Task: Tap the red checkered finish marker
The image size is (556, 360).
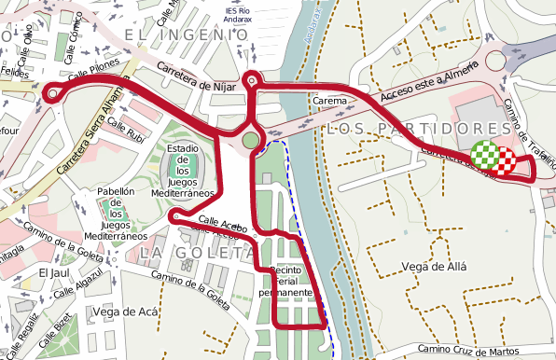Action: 504,161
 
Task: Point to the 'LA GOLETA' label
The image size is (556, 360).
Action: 197,252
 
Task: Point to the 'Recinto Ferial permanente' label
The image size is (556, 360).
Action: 290,282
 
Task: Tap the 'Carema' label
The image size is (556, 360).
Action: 330,100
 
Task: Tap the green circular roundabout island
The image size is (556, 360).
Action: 250,140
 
